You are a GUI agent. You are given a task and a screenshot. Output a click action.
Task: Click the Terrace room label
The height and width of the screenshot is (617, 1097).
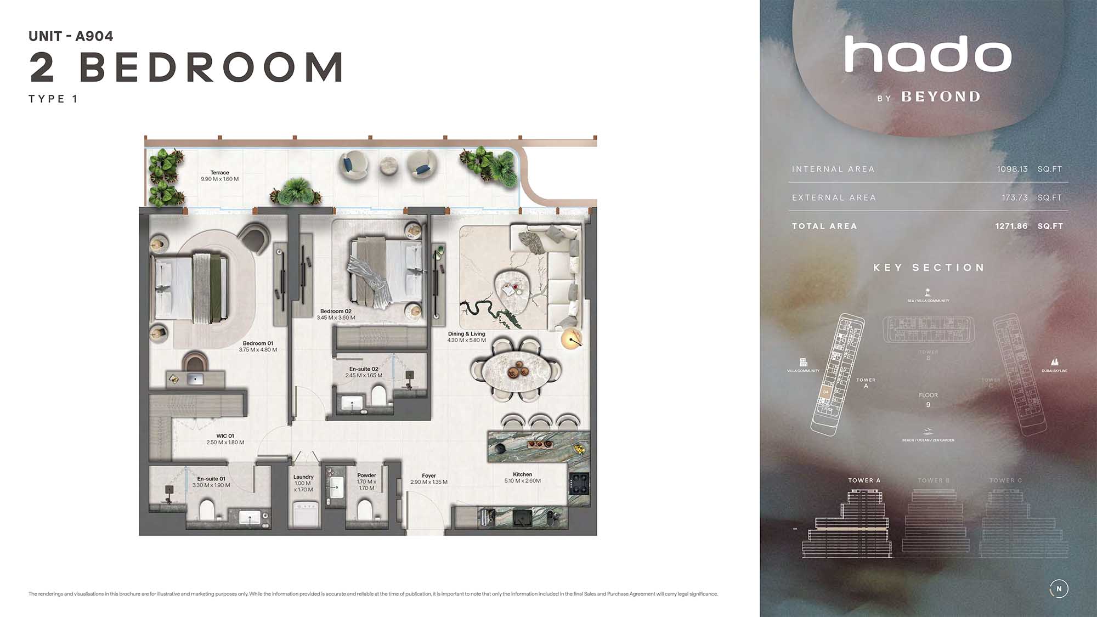click(219, 173)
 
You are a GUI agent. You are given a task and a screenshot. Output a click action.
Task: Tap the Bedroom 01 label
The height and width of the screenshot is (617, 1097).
click(258, 343)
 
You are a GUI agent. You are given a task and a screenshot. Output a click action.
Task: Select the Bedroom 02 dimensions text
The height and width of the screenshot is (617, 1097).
click(336, 318)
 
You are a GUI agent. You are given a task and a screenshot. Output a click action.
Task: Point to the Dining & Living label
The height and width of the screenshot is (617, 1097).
click(466, 333)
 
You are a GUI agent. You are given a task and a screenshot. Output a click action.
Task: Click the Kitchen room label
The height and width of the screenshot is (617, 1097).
click(522, 474)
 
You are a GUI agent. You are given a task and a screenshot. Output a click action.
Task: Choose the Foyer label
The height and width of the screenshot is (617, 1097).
click(429, 476)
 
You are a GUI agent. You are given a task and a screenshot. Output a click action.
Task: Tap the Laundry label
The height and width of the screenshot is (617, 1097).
click(303, 477)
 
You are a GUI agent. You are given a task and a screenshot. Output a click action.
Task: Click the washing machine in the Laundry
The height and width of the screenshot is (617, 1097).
click(303, 512)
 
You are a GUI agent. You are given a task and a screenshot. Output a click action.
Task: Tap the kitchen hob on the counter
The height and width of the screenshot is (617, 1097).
click(579, 482)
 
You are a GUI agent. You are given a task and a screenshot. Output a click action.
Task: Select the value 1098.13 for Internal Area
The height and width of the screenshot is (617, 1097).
click(1012, 169)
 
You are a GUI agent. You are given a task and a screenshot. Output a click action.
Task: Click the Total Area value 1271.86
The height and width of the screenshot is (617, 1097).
click(1011, 226)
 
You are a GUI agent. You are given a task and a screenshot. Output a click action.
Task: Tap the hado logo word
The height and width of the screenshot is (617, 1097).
click(928, 54)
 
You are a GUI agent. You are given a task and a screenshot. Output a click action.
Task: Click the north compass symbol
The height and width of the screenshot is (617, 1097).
click(1059, 588)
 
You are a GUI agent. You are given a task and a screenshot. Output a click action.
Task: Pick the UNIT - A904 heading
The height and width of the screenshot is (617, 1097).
click(71, 36)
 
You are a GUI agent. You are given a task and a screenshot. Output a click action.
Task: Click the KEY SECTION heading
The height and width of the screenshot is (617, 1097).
click(929, 268)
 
